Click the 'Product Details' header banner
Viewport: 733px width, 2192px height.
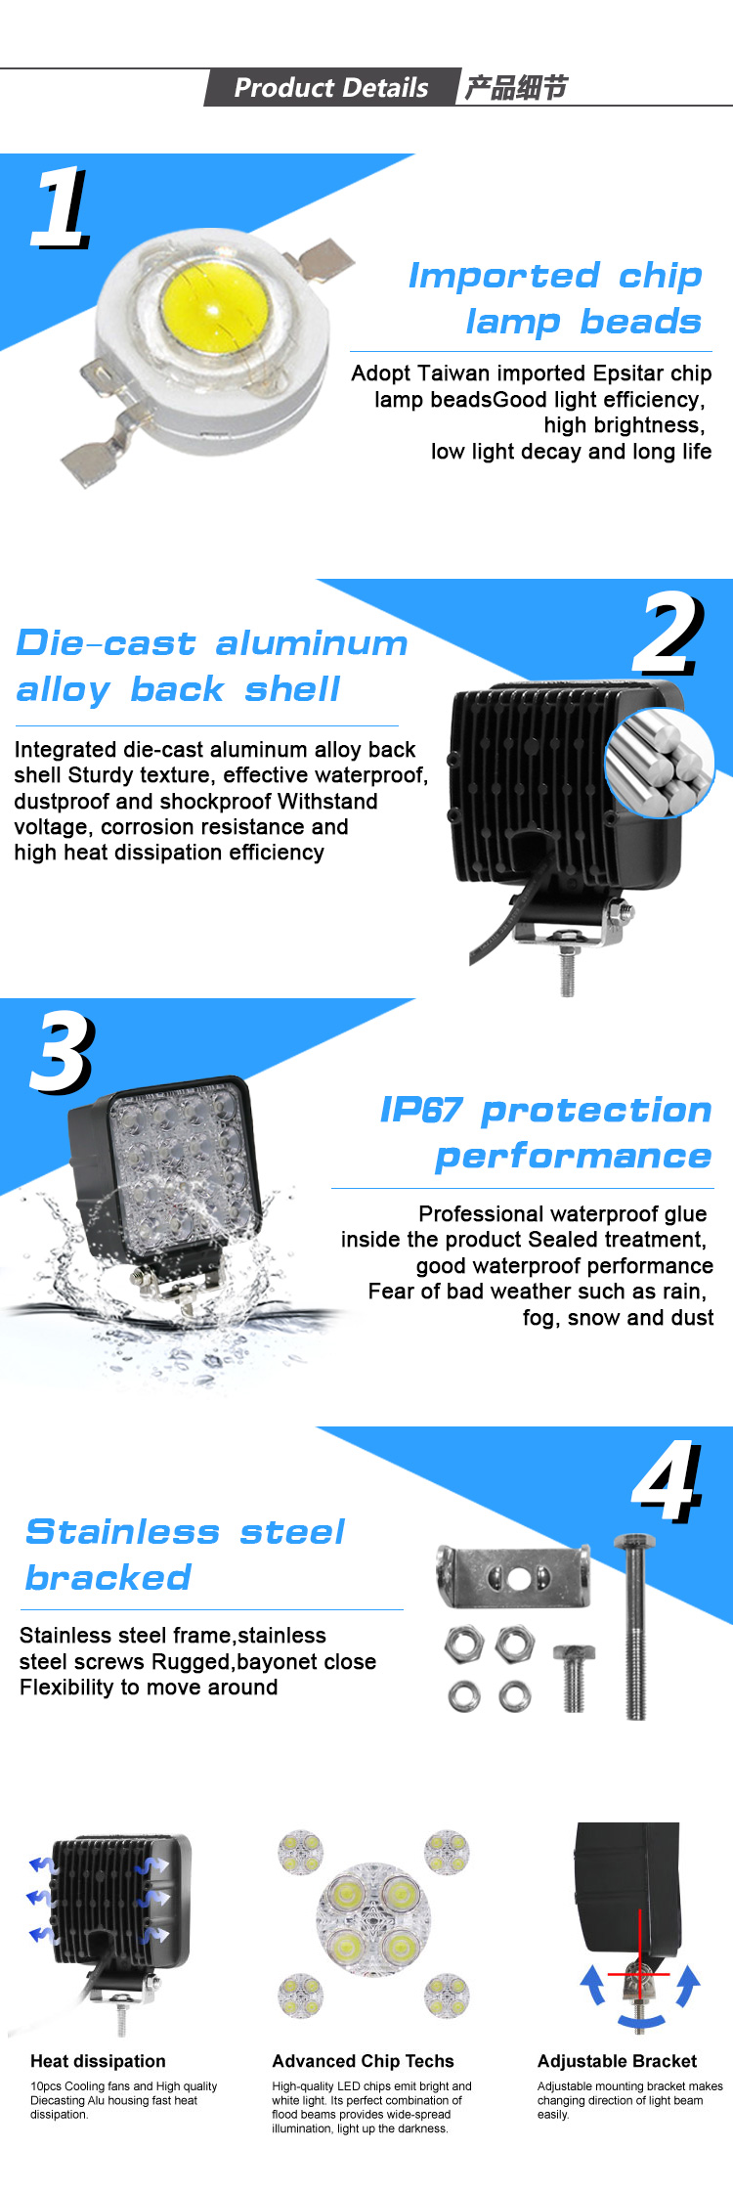(331, 87)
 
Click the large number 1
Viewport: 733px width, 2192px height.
(62, 207)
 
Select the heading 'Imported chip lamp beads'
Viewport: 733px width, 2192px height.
(555, 298)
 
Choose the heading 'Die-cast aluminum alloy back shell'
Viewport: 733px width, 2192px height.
(212, 666)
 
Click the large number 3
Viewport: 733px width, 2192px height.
(64, 1052)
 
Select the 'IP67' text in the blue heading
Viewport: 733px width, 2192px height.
(420, 1110)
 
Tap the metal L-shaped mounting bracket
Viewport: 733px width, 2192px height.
(514, 1576)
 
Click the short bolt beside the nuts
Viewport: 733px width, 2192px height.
(574, 1678)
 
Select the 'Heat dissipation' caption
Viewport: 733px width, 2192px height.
(98, 2061)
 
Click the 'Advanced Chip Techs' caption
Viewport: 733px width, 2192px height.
(363, 2061)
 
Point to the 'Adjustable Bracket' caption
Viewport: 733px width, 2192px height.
(617, 2061)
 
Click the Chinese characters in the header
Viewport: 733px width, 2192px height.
(515, 88)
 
